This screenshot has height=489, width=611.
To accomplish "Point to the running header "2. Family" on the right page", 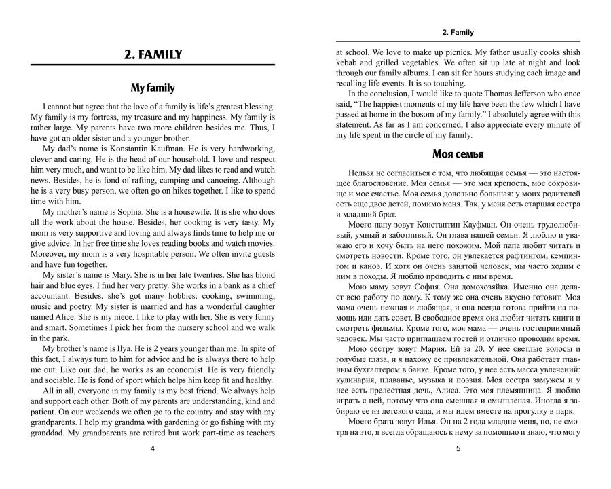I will point(458,31).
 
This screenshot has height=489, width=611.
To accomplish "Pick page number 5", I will point(458,448).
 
